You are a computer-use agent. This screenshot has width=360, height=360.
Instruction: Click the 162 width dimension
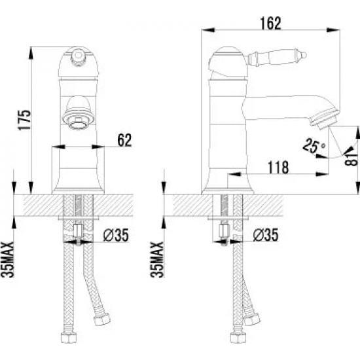click(x=271, y=24)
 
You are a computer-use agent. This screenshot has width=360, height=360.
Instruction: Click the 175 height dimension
click(x=25, y=120)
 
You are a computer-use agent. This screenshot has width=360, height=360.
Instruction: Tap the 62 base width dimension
click(x=124, y=140)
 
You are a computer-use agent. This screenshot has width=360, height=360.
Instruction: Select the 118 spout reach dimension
click(x=278, y=168)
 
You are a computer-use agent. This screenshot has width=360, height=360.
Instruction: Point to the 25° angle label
click(x=314, y=145)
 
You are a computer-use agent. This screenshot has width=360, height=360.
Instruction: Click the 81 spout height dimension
click(x=351, y=159)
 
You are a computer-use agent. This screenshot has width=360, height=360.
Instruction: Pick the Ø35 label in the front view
click(x=116, y=235)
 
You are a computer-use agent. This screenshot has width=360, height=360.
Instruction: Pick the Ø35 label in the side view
click(x=265, y=234)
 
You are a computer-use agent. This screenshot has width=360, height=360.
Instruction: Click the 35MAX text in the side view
click(x=157, y=260)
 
